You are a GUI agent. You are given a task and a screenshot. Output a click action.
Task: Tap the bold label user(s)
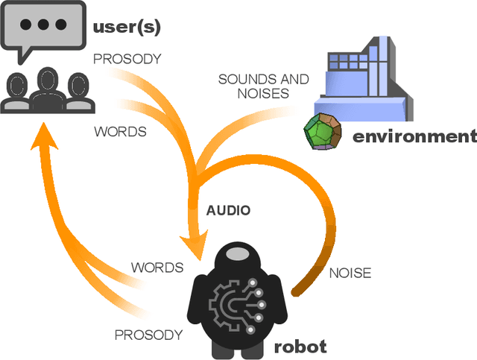[126, 28]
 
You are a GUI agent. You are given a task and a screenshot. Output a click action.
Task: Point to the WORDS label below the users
[119, 131]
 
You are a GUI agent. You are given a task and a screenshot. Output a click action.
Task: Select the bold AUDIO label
[228, 211]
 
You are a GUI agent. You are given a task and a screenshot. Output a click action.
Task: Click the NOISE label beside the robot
[350, 273]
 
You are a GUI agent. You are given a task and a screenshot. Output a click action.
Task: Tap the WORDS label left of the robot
[157, 267]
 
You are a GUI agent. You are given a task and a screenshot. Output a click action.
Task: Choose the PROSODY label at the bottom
[148, 335]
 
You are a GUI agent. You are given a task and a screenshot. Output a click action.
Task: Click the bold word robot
[300, 347]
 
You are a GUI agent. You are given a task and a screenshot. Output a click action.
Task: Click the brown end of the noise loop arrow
[297, 287]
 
